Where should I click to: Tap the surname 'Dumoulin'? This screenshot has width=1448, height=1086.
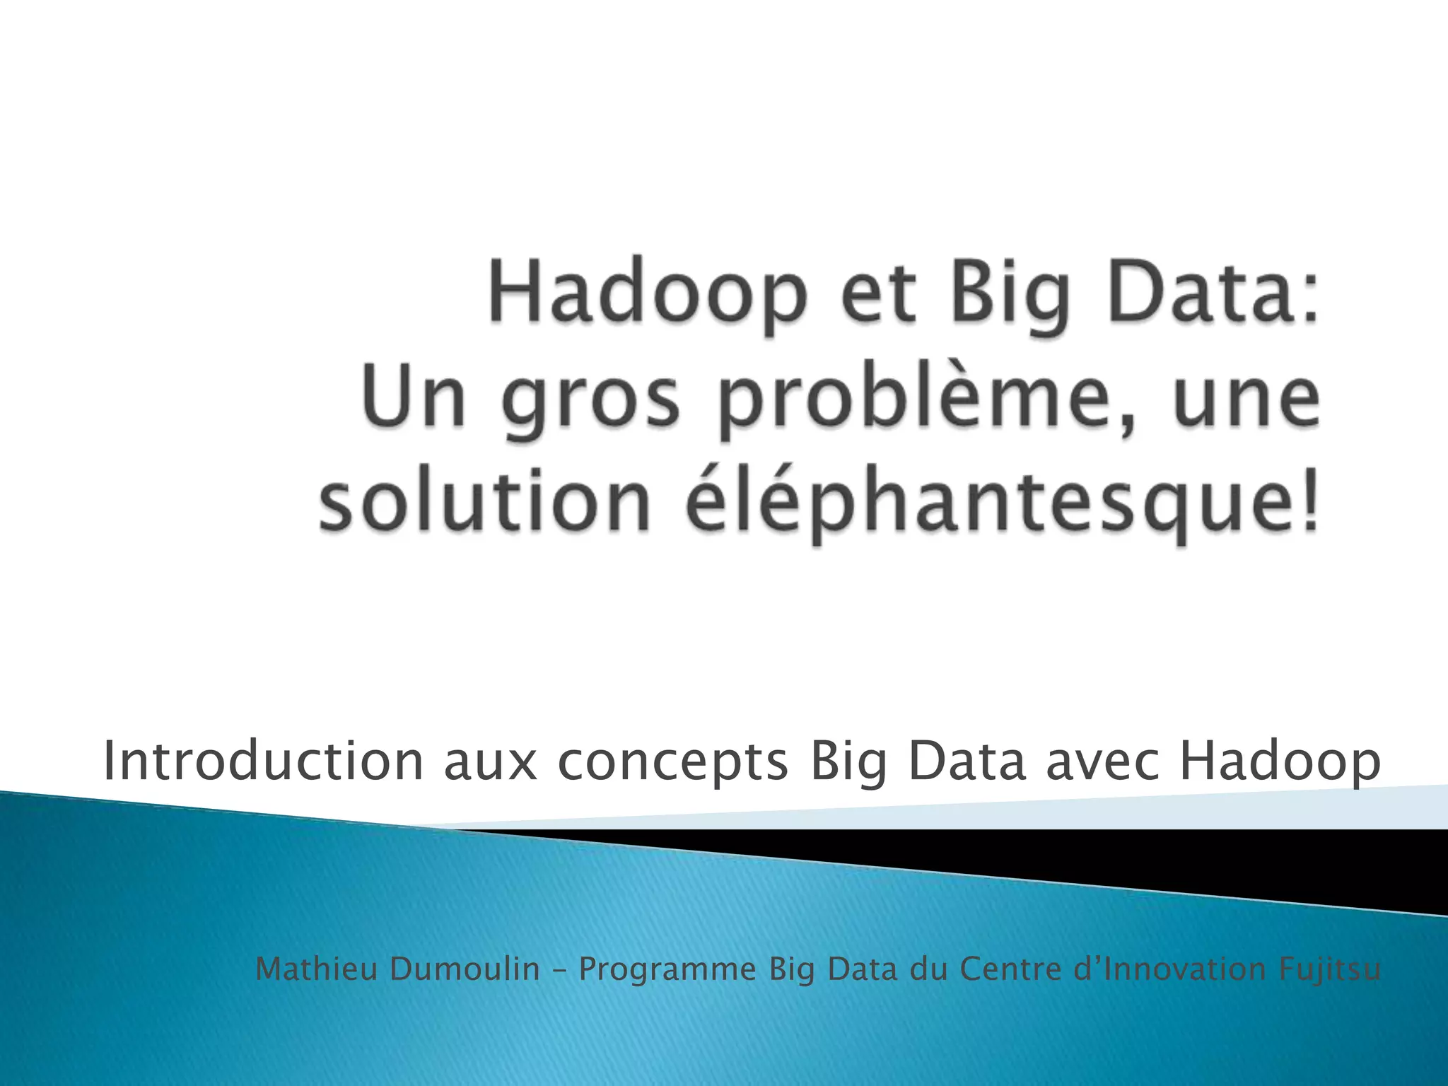pyautogui.click(x=465, y=969)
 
